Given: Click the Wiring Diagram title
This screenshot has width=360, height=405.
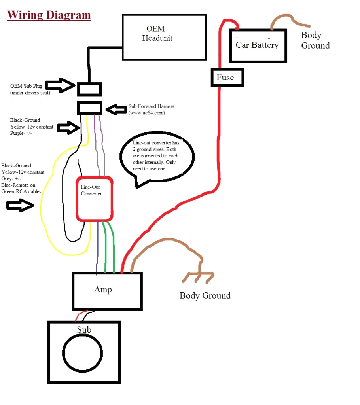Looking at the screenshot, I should (x=49, y=15).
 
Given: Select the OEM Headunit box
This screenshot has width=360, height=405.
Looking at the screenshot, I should (x=164, y=37).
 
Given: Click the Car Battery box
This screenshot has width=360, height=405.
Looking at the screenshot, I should (x=258, y=45).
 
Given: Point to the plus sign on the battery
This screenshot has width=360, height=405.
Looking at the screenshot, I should (x=237, y=37).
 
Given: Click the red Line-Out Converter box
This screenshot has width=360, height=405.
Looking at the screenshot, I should (x=95, y=199).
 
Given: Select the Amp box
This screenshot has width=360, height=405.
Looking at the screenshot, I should (x=107, y=291).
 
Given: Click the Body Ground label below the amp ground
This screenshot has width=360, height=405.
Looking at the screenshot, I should (x=205, y=295).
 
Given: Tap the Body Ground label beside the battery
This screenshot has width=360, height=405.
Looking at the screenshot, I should (x=315, y=40).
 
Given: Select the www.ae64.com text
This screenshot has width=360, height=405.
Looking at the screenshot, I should (x=146, y=113).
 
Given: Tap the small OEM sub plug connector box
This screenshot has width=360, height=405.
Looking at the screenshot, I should (x=89, y=89).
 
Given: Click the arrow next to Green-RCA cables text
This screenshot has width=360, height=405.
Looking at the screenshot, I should (x=20, y=206).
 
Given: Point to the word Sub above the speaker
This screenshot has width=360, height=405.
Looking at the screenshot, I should (x=84, y=329).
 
